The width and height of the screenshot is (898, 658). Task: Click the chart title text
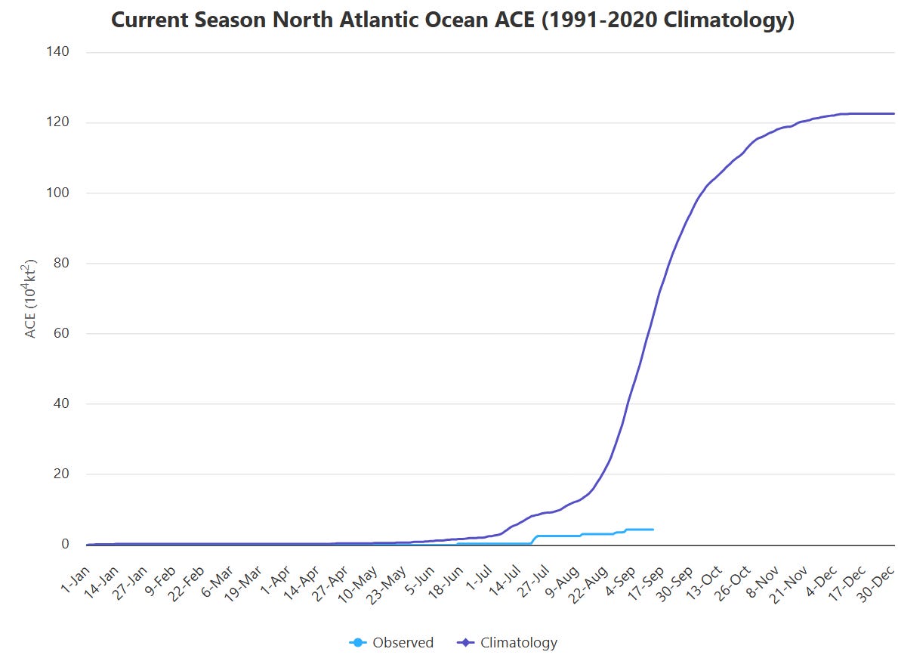pos(452,20)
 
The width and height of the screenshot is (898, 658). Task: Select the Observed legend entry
pos(391,643)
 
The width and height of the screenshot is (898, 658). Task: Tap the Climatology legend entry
pos(507,643)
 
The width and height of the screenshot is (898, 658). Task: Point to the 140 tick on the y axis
pos(57,51)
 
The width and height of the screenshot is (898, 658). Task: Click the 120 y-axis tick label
pos(57,122)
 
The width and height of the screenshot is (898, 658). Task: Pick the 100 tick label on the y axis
pos(57,193)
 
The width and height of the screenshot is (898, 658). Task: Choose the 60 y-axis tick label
pos(60,333)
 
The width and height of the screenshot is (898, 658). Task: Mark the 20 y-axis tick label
pos(60,474)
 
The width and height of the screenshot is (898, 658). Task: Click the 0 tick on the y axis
pos(65,544)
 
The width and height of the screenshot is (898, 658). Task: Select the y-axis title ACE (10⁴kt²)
pos(29,298)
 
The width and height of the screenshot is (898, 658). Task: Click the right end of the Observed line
pos(653,529)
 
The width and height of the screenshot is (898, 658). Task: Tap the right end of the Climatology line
pos(894,113)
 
